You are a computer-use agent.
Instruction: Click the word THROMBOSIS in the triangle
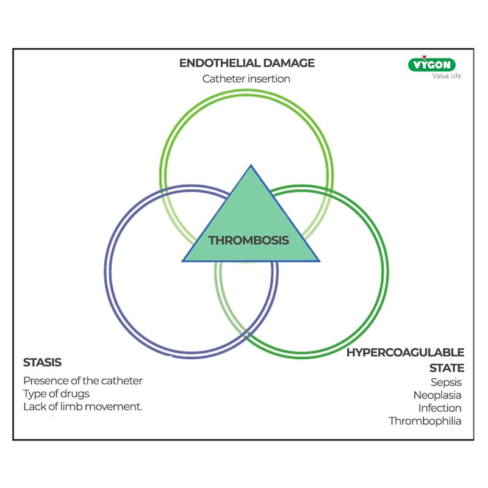pyautogui.click(x=248, y=240)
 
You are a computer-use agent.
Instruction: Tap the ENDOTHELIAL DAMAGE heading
pyautogui.click(x=246, y=63)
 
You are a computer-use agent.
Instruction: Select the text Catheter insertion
pyautogui.click(x=246, y=79)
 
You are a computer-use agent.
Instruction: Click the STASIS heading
pyautogui.click(x=42, y=362)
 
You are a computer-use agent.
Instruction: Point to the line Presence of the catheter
pyautogui.click(x=83, y=381)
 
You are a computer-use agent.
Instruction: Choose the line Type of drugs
pyautogui.click(x=56, y=393)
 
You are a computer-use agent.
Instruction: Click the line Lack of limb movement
pyautogui.click(x=82, y=406)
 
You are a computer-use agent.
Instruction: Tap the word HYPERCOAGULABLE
pyautogui.click(x=405, y=353)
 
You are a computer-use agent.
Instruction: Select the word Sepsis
pyautogui.click(x=446, y=382)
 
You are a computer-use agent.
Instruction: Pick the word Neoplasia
pyautogui.click(x=437, y=395)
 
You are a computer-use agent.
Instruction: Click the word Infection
pyautogui.click(x=440, y=408)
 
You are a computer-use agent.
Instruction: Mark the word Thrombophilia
pyautogui.click(x=425, y=421)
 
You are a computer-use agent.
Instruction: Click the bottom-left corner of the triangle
pyautogui.click(x=182, y=261)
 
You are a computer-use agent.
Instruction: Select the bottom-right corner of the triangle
pyautogui.click(x=318, y=261)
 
